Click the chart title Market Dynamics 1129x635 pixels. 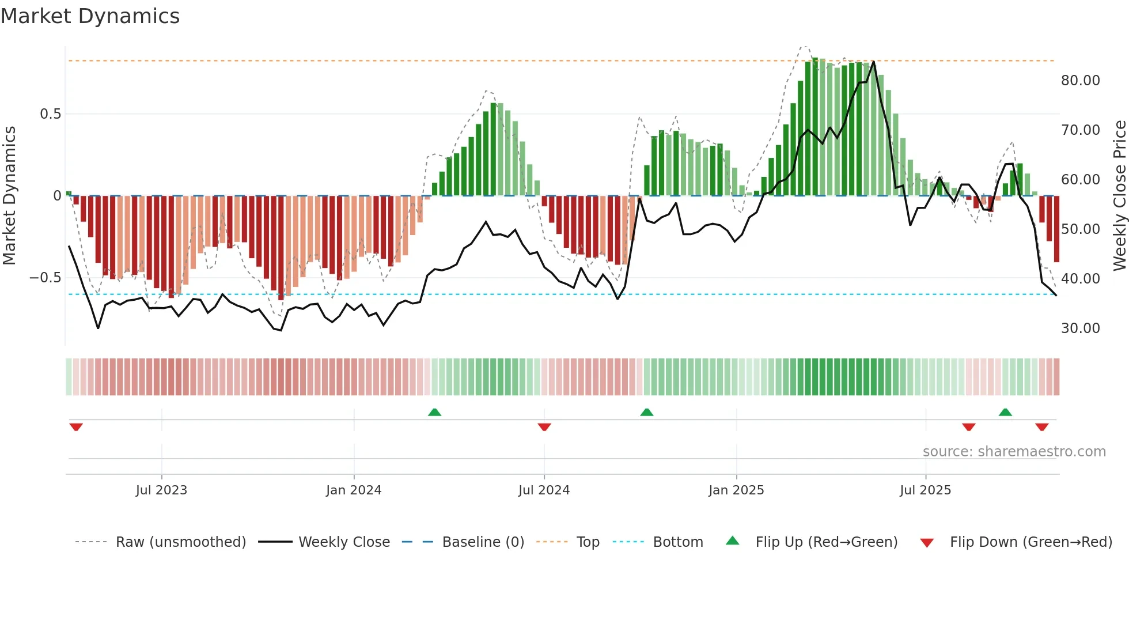pos(90,16)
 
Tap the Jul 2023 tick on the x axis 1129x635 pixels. pos(161,490)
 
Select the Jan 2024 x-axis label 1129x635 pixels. pos(354,490)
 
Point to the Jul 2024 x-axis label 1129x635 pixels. pos(544,490)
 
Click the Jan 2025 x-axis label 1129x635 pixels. pos(736,490)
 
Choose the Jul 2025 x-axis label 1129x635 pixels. pos(926,490)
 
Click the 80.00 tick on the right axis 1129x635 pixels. pos(1081,81)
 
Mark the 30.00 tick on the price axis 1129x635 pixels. pos(1081,328)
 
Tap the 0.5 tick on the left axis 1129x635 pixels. pos(51,114)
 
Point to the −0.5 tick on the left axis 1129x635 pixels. pos(46,278)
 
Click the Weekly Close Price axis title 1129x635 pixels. pos(1119,195)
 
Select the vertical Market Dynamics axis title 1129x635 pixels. pos(9,195)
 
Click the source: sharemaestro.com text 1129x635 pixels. pos(1014,452)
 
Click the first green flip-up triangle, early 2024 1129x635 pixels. pos(435,413)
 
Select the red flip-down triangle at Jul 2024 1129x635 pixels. pos(544,427)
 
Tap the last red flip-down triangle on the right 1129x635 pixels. pos(1041,427)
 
